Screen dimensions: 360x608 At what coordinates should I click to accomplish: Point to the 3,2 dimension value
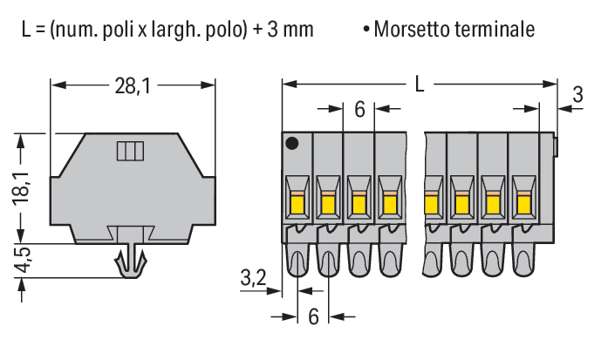point(253,279)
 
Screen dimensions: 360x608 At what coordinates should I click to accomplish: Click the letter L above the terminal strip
point(420,85)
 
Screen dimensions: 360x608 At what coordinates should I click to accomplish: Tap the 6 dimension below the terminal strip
point(313,316)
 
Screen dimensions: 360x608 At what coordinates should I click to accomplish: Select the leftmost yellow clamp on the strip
point(297,205)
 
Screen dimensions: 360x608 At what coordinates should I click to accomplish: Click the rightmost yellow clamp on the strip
point(523,205)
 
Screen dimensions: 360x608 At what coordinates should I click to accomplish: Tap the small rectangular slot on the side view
point(128,152)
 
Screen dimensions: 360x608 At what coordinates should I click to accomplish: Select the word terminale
point(495,30)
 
